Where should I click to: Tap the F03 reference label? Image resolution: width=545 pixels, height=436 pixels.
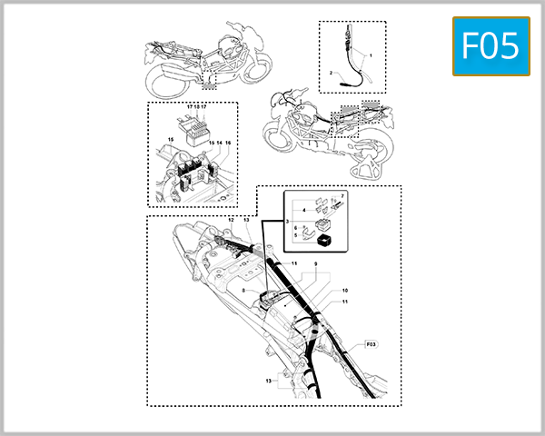(x=371, y=345)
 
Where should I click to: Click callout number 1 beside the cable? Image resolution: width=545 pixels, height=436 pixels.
(x=370, y=55)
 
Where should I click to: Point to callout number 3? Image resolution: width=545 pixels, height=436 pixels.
(x=286, y=221)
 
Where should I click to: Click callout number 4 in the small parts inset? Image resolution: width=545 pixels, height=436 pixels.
(x=303, y=210)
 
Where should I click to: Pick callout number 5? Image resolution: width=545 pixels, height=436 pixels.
(x=297, y=235)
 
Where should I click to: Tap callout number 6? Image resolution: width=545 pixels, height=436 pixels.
(x=297, y=227)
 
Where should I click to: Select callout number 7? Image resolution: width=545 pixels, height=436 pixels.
(x=343, y=194)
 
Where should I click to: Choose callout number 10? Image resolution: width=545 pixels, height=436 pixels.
(x=345, y=291)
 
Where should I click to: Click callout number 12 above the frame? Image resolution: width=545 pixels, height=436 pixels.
(x=231, y=221)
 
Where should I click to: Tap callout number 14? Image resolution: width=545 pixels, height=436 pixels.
(x=219, y=144)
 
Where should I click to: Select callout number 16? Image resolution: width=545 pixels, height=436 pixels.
(x=228, y=144)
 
